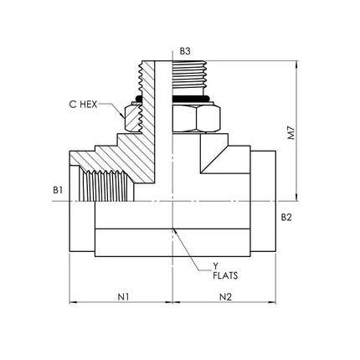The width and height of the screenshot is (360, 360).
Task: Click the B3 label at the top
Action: [185, 51]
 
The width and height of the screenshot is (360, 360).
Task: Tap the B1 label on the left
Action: [58, 190]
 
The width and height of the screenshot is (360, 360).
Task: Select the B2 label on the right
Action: [286, 217]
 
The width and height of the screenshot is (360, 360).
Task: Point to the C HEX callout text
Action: [83, 105]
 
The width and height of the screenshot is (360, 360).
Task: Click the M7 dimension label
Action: [291, 133]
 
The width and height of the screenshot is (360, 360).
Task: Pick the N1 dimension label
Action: [123, 297]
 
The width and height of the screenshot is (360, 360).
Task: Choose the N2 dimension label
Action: [225, 297]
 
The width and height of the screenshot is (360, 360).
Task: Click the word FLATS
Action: [225, 275]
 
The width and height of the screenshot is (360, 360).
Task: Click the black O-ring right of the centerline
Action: [192, 99]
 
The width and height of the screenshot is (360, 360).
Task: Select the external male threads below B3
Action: [190, 75]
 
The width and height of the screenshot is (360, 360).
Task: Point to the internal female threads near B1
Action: [103, 185]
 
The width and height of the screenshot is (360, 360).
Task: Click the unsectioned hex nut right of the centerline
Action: [197, 118]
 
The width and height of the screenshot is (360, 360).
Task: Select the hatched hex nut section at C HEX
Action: [131, 118]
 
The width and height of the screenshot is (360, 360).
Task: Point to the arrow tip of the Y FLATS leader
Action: [173, 229]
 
